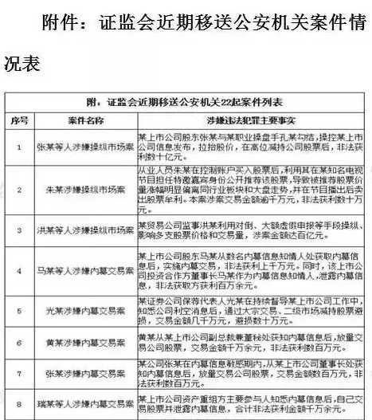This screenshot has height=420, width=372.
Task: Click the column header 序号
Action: click(x=19, y=120)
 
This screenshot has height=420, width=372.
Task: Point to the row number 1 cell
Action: click(x=19, y=147)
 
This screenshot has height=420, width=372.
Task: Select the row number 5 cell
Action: click(x=19, y=309)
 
